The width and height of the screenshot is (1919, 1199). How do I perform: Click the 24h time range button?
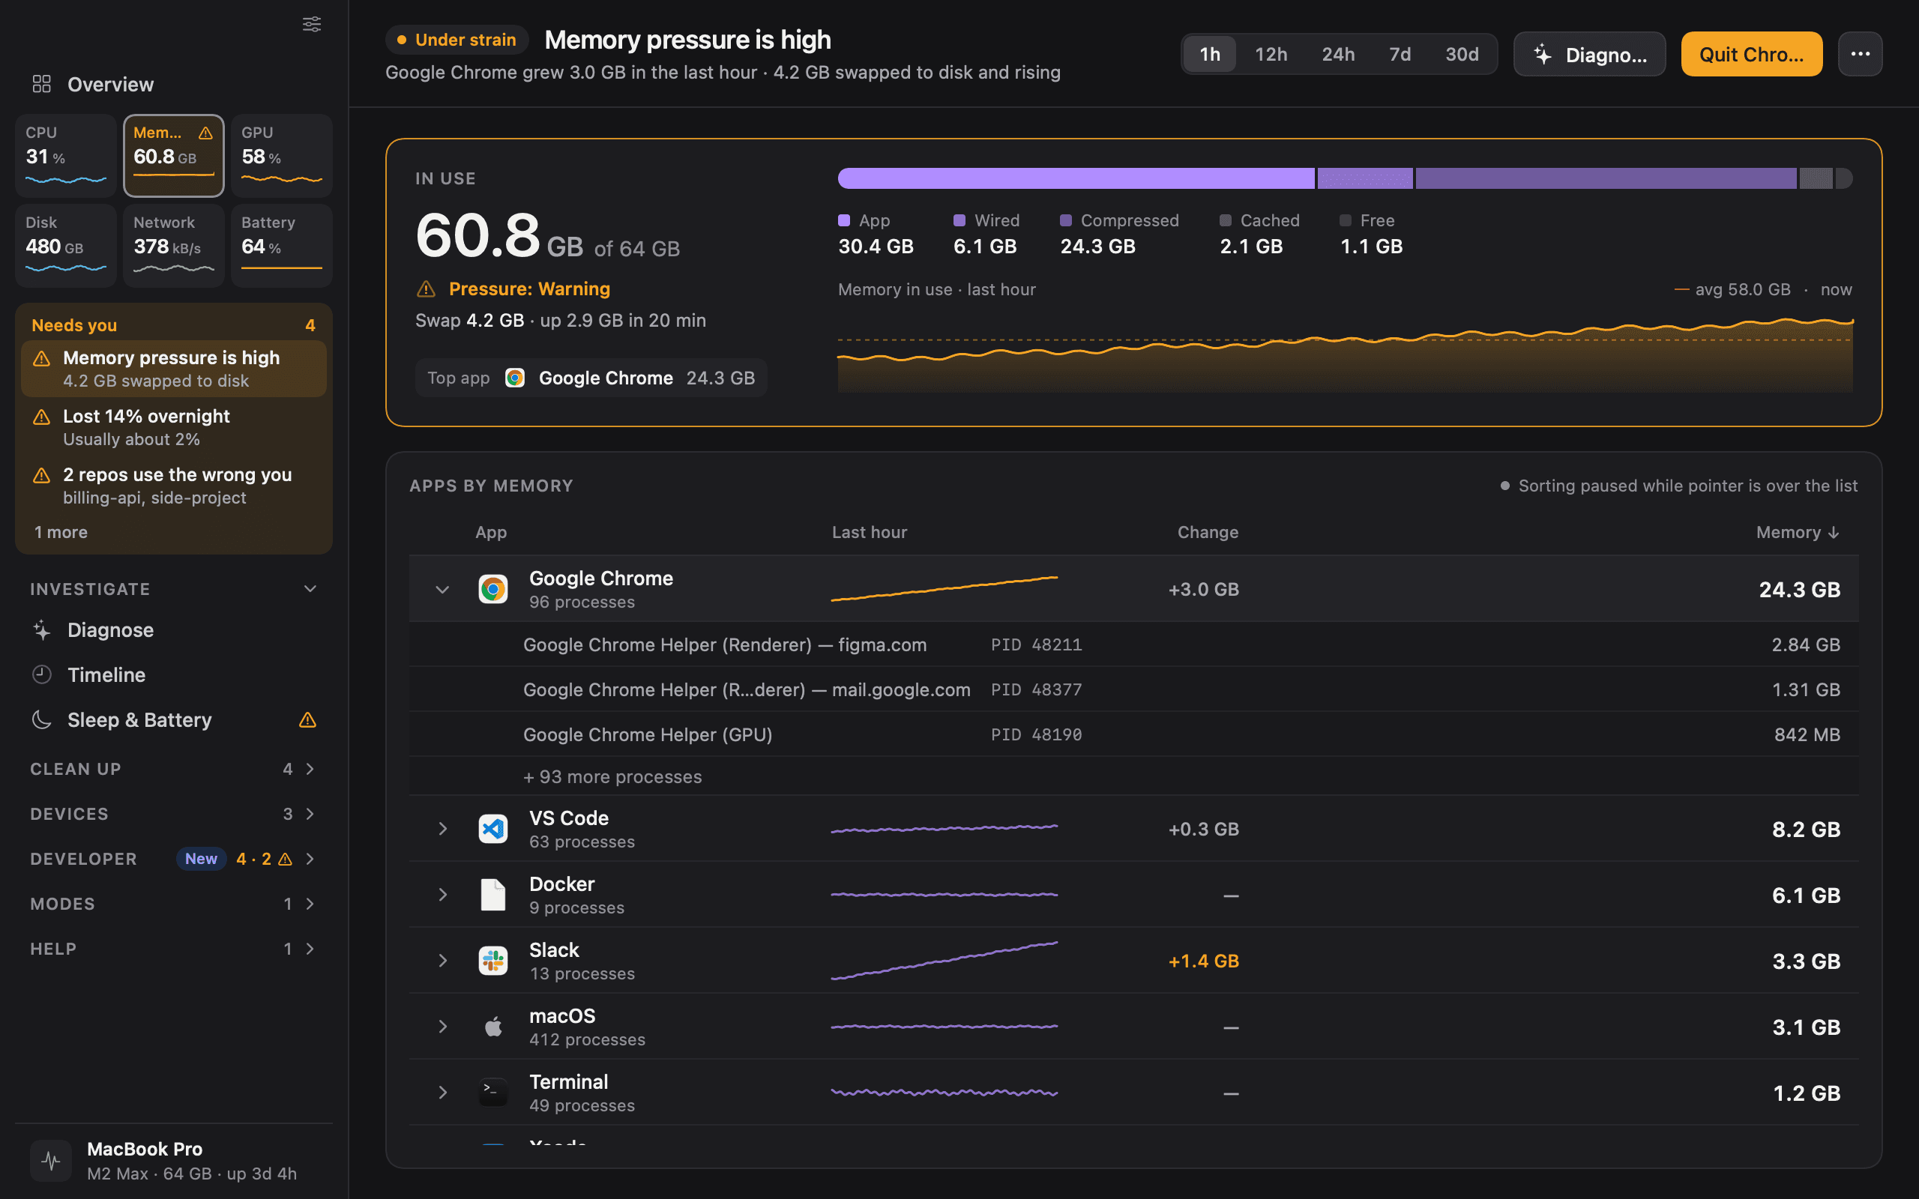(1338, 54)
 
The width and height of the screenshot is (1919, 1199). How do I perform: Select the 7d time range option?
(1400, 54)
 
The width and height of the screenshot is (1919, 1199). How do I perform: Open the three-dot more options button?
(1860, 54)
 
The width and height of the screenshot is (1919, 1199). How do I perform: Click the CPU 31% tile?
(66, 155)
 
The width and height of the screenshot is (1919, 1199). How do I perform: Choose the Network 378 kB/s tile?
(174, 245)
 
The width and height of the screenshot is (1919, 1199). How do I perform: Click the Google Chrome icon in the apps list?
(493, 589)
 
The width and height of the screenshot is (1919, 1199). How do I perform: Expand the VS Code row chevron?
(442, 829)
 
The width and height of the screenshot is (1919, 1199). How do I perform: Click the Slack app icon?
(493, 960)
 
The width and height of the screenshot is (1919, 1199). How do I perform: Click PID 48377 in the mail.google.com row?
(1037, 690)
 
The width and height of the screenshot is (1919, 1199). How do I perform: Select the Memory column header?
(1797, 532)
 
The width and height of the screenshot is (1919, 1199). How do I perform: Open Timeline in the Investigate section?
(106, 675)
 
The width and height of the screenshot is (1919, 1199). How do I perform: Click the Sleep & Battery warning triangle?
(307, 720)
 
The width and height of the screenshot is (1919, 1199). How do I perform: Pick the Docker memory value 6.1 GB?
(1806, 896)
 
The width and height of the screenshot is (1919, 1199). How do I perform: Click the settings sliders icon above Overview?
(312, 24)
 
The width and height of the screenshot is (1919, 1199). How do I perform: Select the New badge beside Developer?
(201, 859)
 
